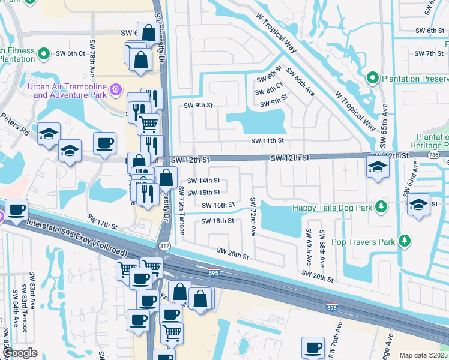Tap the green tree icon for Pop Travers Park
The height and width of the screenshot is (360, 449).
405,241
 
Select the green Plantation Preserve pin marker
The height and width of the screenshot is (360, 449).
372,78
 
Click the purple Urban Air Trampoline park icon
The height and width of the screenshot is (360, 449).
116,91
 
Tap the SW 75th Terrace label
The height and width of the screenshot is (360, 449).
182,210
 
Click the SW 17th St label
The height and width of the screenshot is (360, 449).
102,221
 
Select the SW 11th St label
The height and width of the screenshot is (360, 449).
267,140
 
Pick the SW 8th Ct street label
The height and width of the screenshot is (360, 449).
269,91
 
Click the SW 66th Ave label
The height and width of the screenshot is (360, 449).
300,81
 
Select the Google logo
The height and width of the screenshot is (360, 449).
19,353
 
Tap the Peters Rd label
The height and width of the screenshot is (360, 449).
15,123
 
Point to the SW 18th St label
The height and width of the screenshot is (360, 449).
216,221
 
